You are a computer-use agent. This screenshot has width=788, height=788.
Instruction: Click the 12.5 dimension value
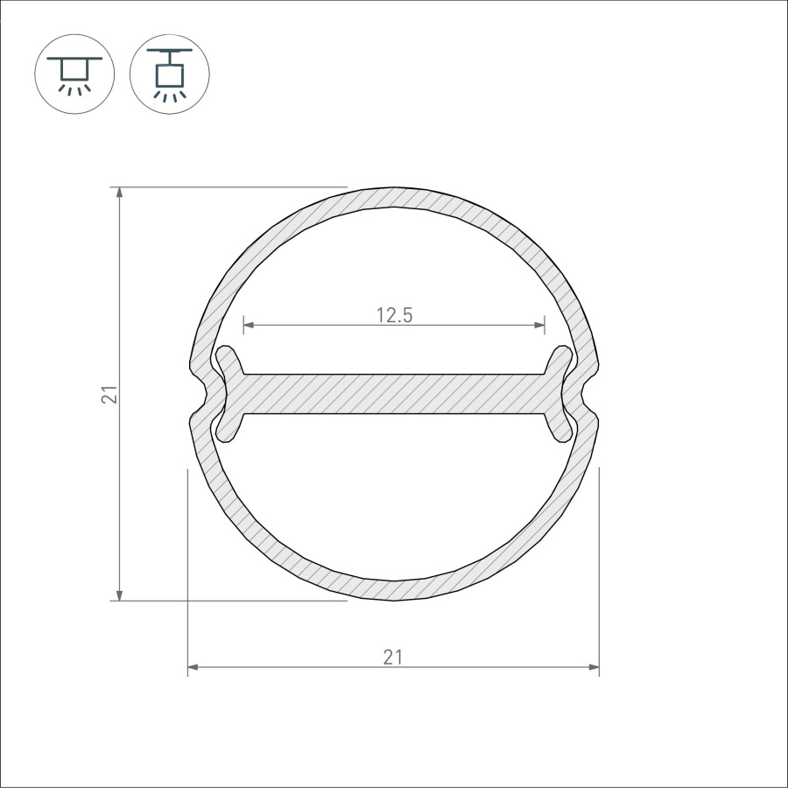click(395, 315)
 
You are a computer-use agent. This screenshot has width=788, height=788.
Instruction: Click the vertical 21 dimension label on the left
click(109, 395)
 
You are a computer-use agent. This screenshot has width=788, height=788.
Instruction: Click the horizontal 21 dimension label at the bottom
click(393, 658)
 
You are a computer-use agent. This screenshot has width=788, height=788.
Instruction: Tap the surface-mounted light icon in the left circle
click(74, 74)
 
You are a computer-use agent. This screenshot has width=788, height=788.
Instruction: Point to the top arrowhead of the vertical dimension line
click(119, 193)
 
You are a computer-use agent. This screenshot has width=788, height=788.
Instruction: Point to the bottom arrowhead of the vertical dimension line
click(119, 595)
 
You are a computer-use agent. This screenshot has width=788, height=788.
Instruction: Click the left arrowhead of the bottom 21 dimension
click(193, 667)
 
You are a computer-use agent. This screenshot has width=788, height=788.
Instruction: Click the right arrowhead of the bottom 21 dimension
click(593, 667)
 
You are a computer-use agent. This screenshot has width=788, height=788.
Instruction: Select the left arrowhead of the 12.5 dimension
click(250, 325)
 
